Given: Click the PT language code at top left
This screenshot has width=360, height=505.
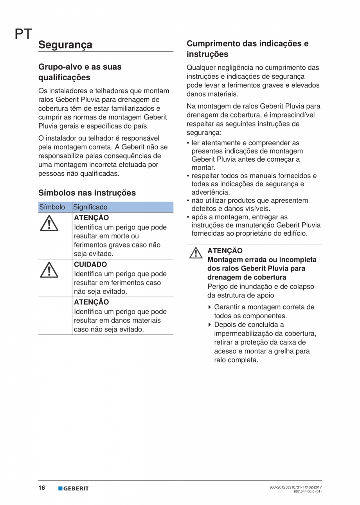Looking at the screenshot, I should (x=23, y=34).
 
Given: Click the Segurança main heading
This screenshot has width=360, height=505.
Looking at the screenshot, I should (x=65, y=45).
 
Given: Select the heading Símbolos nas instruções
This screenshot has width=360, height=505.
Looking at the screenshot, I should (x=87, y=193).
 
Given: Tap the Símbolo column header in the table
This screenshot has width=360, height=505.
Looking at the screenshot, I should (x=52, y=207).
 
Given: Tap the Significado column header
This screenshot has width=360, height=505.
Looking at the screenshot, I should (x=90, y=207).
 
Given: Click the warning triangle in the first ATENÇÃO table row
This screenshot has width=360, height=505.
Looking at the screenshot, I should (x=49, y=224).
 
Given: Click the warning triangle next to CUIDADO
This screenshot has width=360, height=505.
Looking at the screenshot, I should (x=49, y=270).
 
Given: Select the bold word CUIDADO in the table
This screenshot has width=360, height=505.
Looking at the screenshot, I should (x=90, y=265).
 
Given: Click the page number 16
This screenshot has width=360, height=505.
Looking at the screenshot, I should (x=41, y=488).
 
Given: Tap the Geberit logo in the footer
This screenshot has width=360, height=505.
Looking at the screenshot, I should (x=74, y=488).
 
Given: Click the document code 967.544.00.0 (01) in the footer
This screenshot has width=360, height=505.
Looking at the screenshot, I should (x=307, y=491).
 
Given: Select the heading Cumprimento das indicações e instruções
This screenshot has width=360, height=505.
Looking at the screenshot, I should (x=247, y=49).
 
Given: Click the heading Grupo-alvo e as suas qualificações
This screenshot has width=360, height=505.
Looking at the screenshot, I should (x=80, y=72).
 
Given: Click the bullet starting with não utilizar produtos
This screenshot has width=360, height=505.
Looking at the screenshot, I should (x=250, y=200).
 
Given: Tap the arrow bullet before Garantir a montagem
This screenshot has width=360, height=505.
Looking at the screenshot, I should (x=210, y=307).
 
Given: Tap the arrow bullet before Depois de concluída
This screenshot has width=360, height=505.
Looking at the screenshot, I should (x=210, y=325).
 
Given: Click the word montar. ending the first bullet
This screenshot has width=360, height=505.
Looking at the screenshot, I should (x=201, y=168).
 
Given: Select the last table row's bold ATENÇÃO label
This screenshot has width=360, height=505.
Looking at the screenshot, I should (x=92, y=302).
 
